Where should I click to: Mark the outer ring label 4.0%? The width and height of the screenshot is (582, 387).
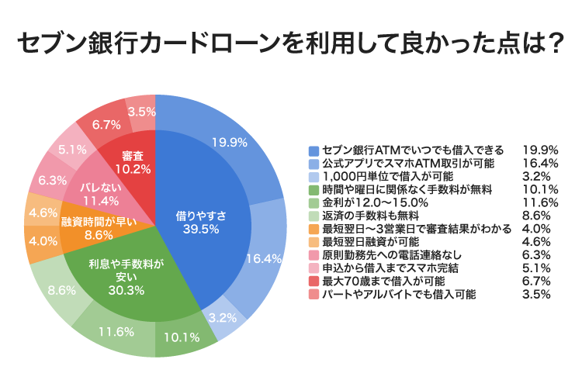(x=43, y=240)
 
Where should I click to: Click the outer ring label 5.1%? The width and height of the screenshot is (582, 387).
(x=72, y=150)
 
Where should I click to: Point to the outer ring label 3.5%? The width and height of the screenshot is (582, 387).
(x=141, y=111)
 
